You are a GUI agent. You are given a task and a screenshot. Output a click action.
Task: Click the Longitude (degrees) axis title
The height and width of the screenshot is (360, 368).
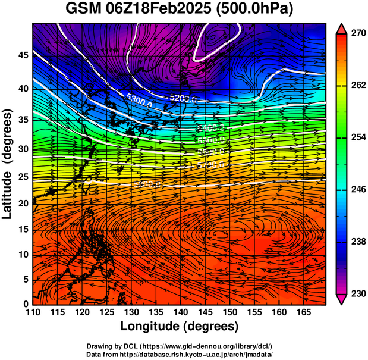(180, 327)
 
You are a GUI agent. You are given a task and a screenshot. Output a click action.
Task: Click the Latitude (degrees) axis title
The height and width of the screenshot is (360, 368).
(8, 164)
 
